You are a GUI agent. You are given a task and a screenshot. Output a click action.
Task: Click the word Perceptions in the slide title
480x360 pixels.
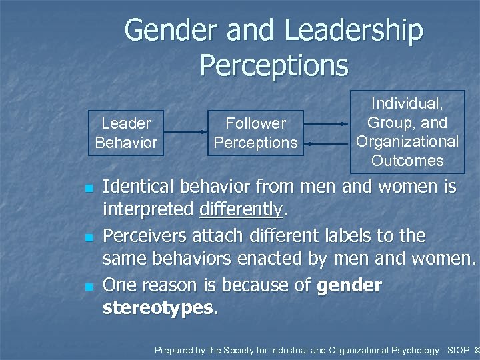pyautogui.click(x=273, y=65)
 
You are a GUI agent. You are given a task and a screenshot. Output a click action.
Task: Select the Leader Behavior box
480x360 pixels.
pyautogui.click(x=126, y=133)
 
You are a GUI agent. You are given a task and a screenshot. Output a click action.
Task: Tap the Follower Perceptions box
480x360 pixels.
pyautogui.click(x=255, y=133)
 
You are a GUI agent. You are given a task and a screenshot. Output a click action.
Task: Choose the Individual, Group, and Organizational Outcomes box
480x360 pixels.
pyautogui.click(x=407, y=132)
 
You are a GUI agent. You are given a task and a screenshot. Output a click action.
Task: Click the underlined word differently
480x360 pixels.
pyautogui.click(x=241, y=209)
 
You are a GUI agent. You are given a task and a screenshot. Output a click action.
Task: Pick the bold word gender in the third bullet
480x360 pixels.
pyautogui.click(x=349, y=285)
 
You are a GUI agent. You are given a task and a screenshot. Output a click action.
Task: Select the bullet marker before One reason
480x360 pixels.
pyautogui.click(x=87, y=287)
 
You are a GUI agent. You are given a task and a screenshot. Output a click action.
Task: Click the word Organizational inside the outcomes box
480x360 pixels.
pyautogui.click(x=407, y=141)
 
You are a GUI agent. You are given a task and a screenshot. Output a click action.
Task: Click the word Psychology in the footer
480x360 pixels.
pyautogui.click(x=402, y=349)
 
